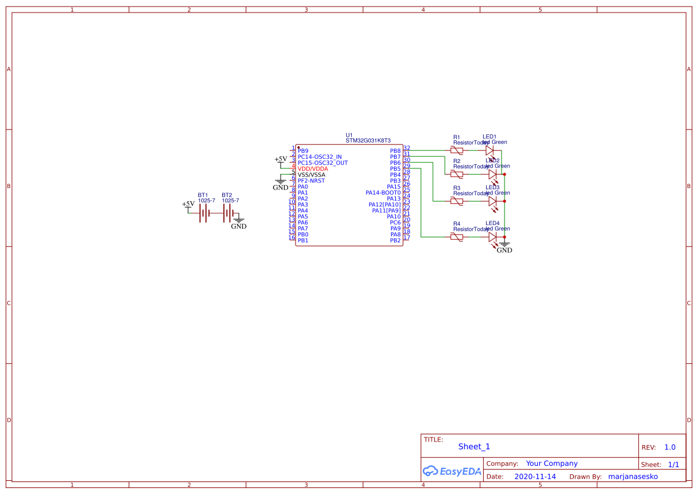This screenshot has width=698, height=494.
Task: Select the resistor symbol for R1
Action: [457, 151]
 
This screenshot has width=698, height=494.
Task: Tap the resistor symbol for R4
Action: [457, 237]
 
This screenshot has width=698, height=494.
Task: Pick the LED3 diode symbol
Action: [492, 202]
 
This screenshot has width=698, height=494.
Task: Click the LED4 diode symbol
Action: [492, 237]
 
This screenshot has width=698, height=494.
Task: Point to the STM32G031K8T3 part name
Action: [368, 140]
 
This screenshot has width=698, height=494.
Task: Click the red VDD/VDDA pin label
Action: [313, 169]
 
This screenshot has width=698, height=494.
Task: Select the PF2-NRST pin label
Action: [311, 181]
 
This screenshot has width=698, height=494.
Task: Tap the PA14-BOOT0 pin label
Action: [383, 193]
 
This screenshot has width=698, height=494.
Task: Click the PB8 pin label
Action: [395, 151]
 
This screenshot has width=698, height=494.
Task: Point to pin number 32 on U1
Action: [407, 148]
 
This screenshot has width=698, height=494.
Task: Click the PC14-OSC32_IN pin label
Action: [319, 157]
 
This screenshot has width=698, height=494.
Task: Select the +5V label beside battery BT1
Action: [188, 204]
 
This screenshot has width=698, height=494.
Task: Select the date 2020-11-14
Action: [535, 477]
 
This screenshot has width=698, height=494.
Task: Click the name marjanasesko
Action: [632, 477]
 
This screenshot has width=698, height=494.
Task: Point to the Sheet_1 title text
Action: [474, 446]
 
